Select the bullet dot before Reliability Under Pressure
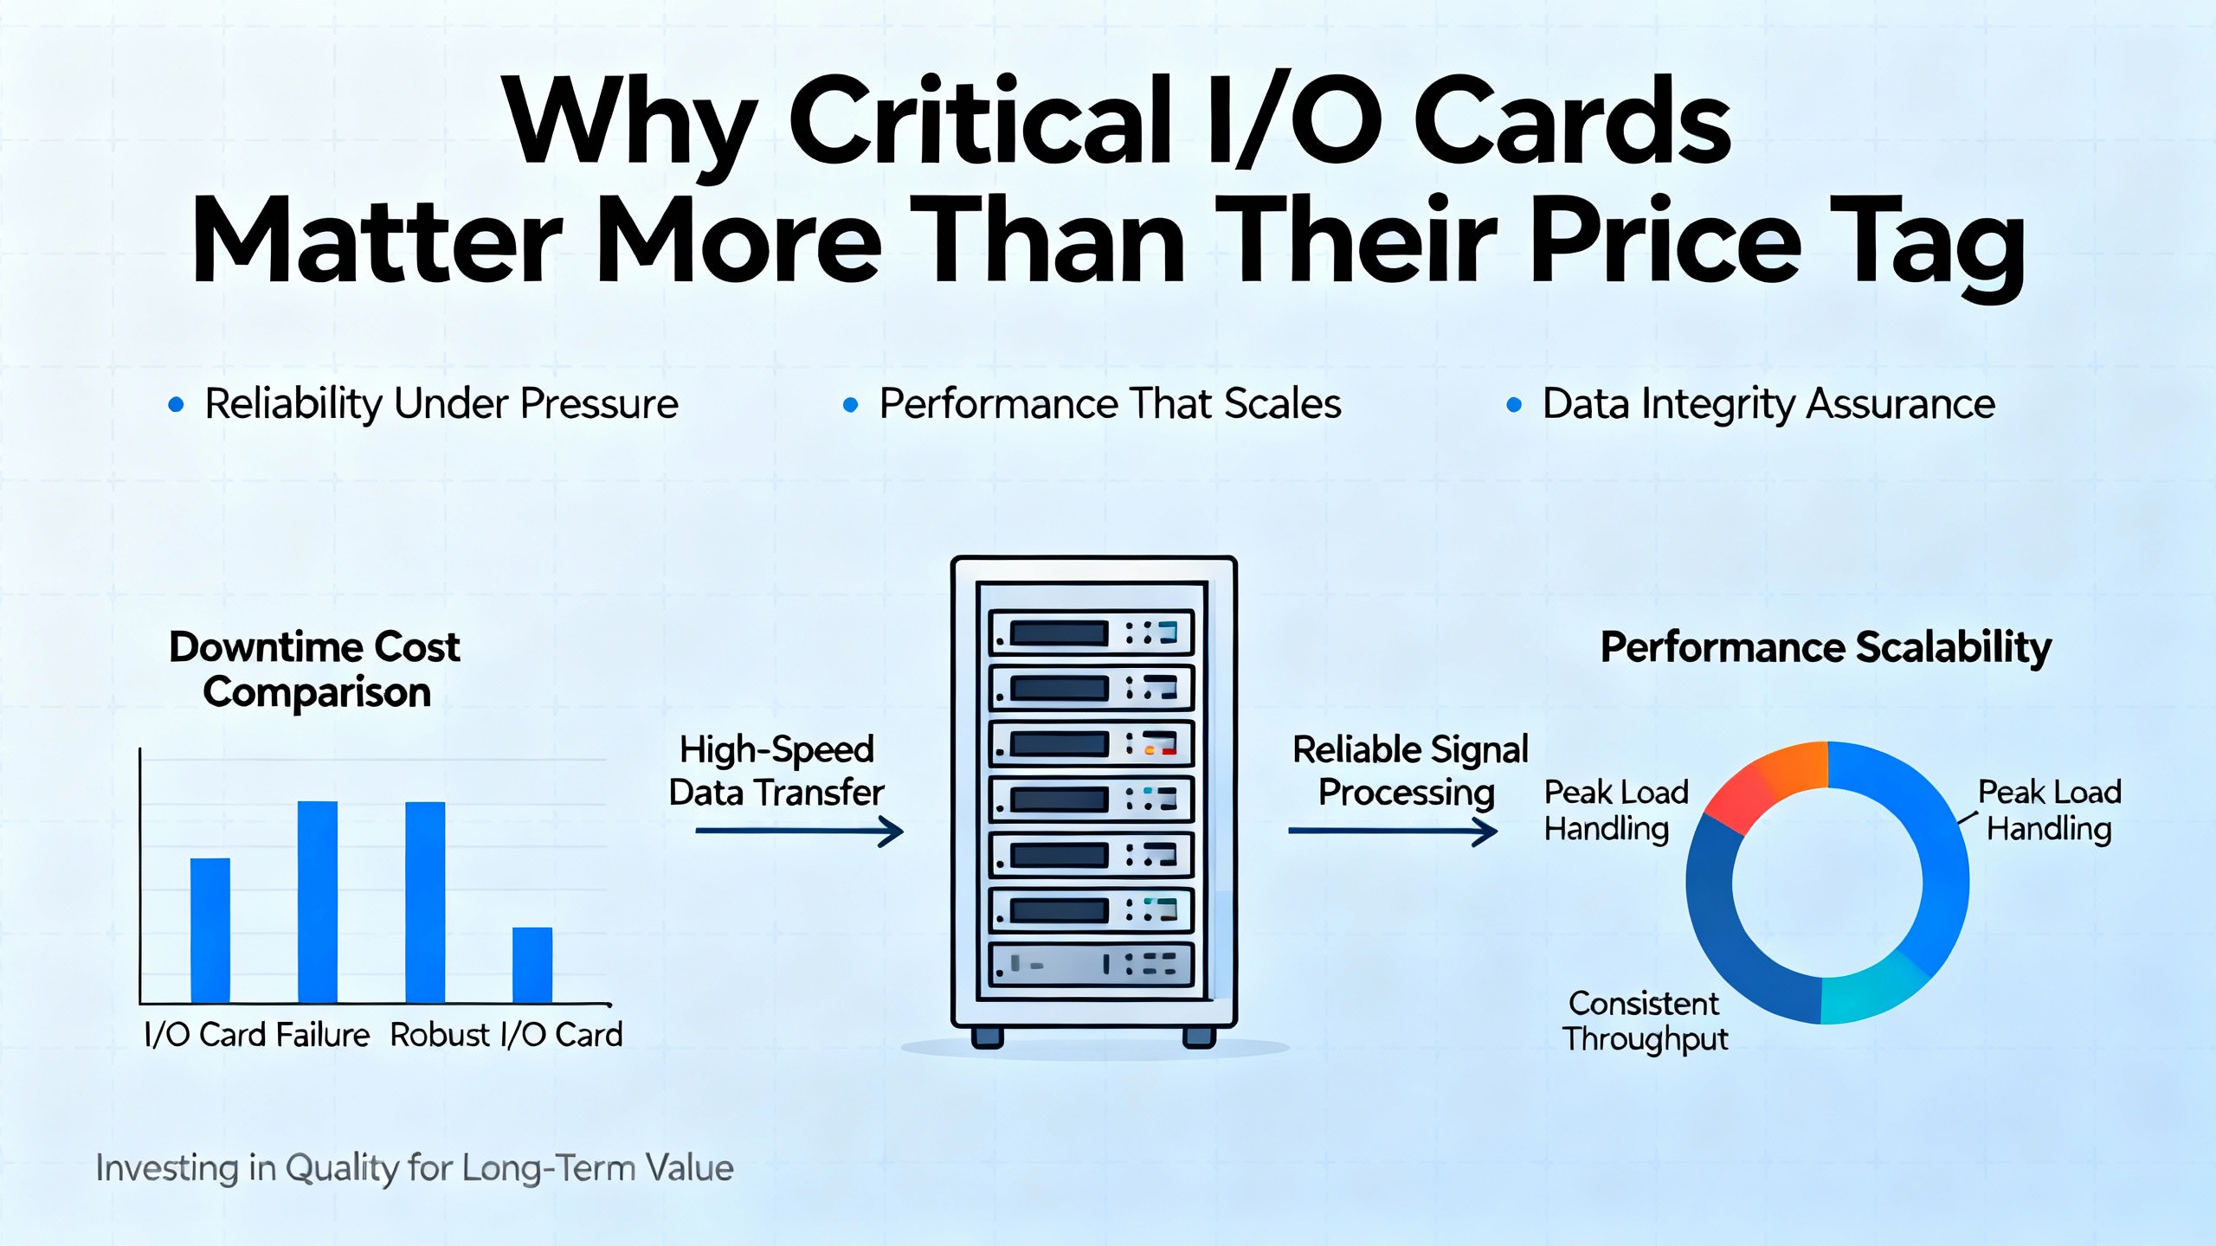[176, 404]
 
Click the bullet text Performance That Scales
[1110, 404]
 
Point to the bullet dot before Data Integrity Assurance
[1514, 404]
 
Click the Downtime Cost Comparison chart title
[315, 670]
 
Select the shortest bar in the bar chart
[532, 965]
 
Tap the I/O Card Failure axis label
[257, 1035]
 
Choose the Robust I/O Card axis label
[506, 1035]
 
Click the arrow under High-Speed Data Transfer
[799, 832]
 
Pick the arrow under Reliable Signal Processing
[1393, 832]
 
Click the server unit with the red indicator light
[1092, 744]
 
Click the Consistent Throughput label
[1645, 1021]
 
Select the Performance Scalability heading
[1826, 647]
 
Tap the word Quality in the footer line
[341, 1169]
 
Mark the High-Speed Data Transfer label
[776, 770]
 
